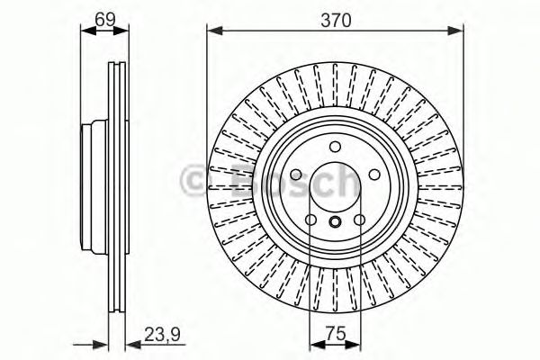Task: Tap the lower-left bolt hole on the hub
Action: pyautogui.click(x=310, y=221)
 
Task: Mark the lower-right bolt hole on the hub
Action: pyautogui.click(x=358, y=221)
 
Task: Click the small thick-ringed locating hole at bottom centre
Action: pyautogui.click(x=334, y=224)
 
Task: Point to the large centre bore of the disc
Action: pyautogui.click(x=334, y=189)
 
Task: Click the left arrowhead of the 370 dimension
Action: pyautogui.click(x=212, y=31)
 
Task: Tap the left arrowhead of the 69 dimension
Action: pyautogui.click(x=86, y=31)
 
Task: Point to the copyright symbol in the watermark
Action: pyautogui.click(x=193, y=179)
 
